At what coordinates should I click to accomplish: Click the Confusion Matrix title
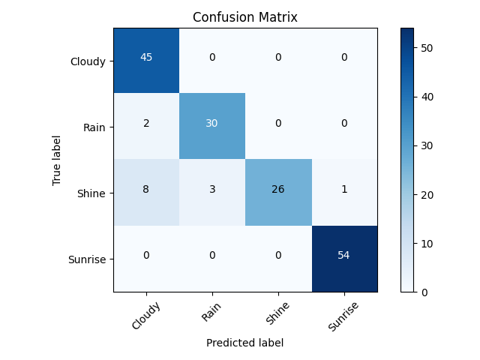tap(245, 17)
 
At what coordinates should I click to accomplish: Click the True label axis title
tap(57, 160)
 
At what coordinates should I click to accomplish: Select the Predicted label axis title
tap(245, 343)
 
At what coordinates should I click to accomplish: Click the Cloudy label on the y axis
tap(88, 61)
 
